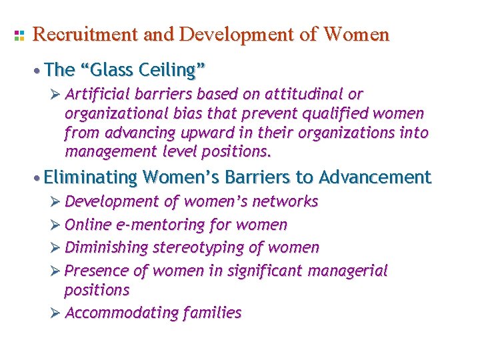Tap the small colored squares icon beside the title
[19, 35]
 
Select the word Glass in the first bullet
[105, 69]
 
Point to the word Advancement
[375, 177]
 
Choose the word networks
[285, 201]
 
